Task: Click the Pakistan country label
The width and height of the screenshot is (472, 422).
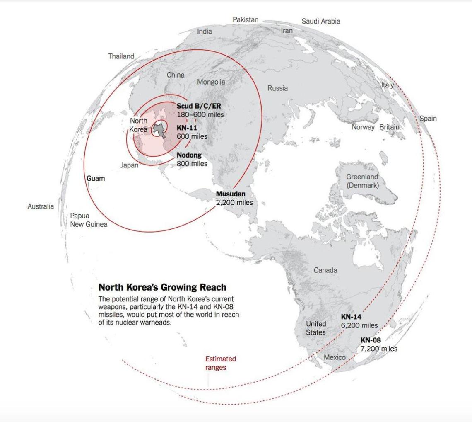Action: click(245, 19)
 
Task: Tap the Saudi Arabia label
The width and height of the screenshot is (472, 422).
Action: click(320, 21)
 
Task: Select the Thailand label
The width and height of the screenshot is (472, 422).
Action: click(121, 56)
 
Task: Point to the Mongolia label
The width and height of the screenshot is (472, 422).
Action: click(211, 82)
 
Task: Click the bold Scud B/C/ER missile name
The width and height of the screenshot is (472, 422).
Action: click(199, 106)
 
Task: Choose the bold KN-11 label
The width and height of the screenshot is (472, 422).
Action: click(187, 128)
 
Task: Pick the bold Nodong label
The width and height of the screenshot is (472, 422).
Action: click(189, 155)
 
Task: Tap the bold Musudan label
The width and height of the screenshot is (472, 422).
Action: click(231, 194)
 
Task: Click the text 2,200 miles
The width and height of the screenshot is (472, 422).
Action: click(234, 203)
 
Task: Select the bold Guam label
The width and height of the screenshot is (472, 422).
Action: click(95, 179)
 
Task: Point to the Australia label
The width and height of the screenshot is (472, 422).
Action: click(41, 206)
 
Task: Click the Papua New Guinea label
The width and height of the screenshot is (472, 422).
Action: click(88, 220)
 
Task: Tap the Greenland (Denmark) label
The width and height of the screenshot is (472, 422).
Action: click(362, 181)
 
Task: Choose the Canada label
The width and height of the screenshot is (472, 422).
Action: click(325, 270)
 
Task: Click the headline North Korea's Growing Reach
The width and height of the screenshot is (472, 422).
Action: click(162, 287)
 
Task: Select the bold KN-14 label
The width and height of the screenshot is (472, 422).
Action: click(352, 317)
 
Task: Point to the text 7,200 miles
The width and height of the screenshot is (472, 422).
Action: click(378, 349)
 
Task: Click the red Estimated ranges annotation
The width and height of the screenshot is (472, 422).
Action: click(220, 363)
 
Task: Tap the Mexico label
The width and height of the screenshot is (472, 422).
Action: click(335, 357)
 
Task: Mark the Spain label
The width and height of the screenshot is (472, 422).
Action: click(428, 119)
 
